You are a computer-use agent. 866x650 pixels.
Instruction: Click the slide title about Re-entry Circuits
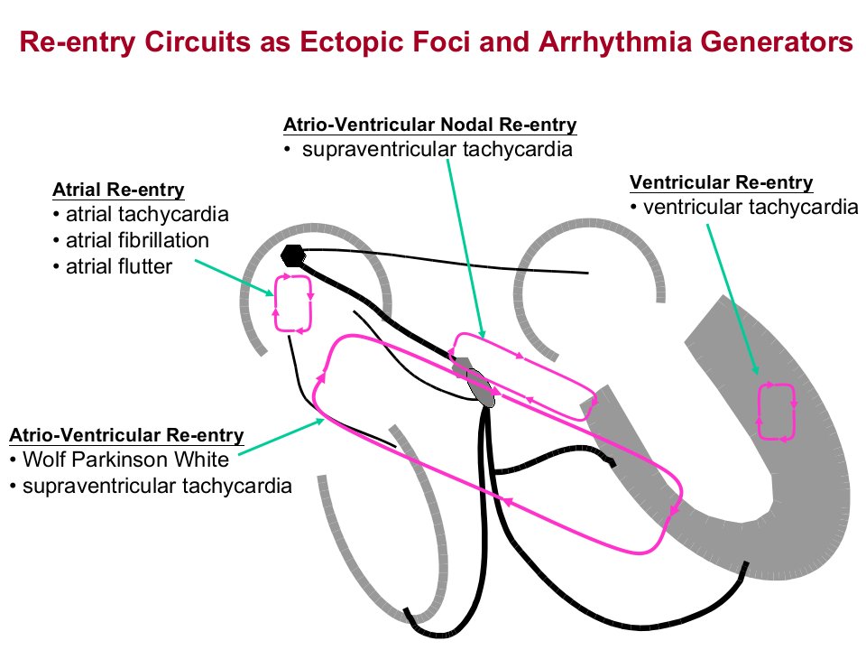(436, 42)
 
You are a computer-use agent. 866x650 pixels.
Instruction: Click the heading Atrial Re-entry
(118, 190)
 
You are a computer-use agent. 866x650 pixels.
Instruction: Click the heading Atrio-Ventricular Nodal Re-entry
(429, 125)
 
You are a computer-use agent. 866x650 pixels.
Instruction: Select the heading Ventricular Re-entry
(722, 182)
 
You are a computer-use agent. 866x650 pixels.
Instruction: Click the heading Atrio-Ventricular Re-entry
(126, 435)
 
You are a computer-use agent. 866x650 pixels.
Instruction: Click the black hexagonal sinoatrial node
(292, 255)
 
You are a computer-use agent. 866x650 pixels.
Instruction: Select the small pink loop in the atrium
(292, 304)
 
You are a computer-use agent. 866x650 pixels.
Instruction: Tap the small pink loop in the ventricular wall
(777, 412)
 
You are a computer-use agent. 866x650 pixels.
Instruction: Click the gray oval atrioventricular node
(480, 387)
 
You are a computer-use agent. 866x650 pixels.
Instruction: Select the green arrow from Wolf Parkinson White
(281, 437)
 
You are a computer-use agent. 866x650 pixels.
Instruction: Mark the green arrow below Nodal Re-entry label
(465, 248)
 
